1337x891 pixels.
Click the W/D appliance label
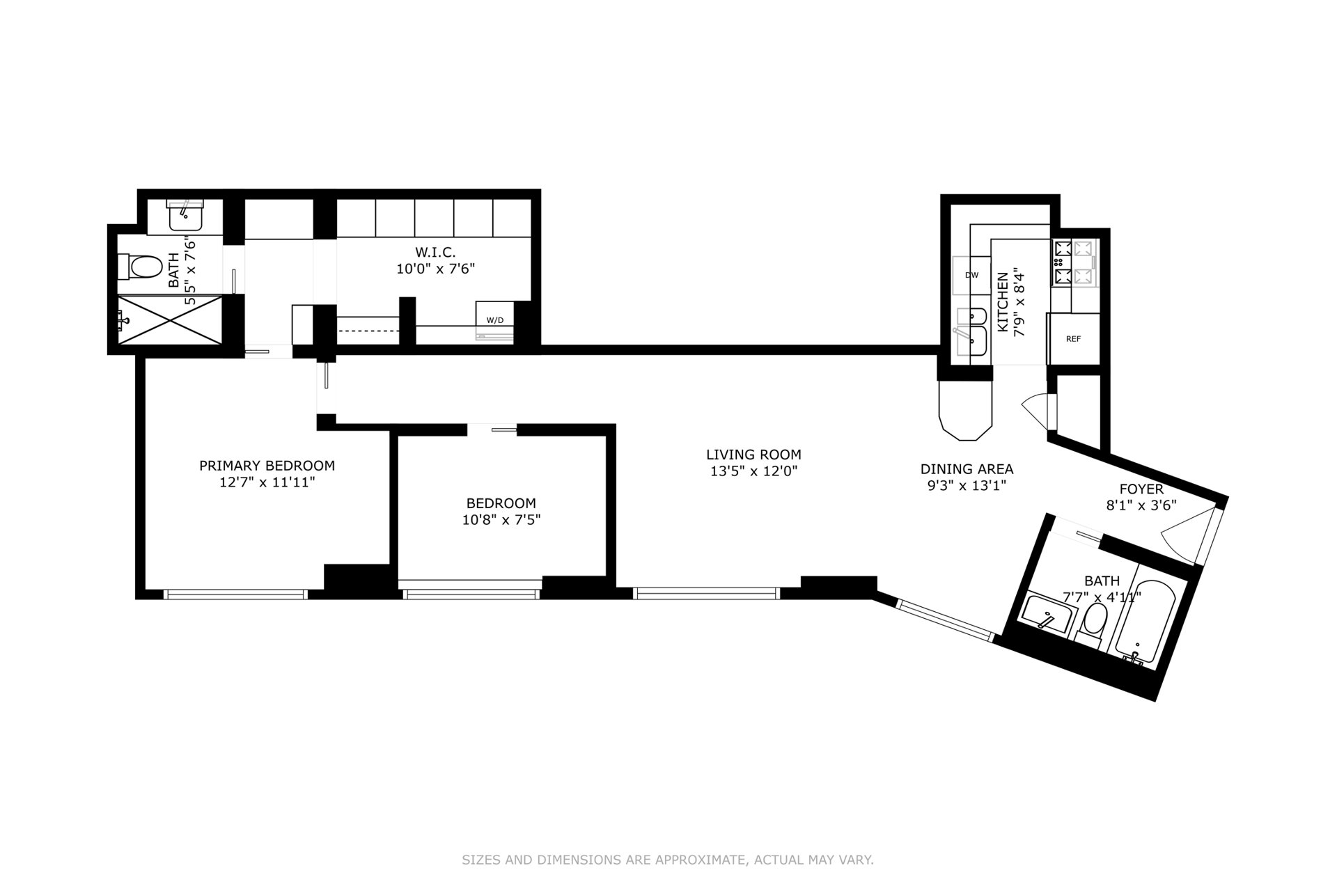(x=495, y=320)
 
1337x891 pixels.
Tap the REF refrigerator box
(x=1073, y=339)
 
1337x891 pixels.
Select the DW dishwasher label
(x=971, y=275)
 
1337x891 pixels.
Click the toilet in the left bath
(x=140, y=266)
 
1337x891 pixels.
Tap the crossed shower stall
(x=171, y=320)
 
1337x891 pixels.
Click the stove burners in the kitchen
(x=1074, y=262)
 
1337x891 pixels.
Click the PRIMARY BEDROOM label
(x=267, y=466)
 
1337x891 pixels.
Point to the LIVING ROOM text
(x=753, y=455)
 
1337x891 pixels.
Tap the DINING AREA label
(x=967, y=469)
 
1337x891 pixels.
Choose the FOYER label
(x=1141, y=489)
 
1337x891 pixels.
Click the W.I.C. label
(x=435, y=252)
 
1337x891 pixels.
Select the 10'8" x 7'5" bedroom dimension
(x=501, y=519)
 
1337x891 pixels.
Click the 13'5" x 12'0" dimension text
(x=753, y=471)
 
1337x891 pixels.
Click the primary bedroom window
(x=235, y=594)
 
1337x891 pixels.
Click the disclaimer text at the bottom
(x=668, y=860)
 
